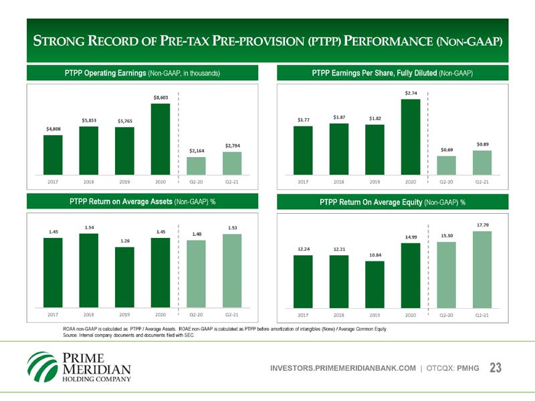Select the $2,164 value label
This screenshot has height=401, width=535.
click(197, 151)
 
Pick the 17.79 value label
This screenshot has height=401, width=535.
click(481, 225)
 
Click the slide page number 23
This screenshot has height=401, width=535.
click(496, 368)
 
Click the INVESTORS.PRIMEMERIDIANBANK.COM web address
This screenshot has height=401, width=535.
click(343, 368)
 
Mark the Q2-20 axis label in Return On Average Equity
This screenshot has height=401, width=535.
click(445, 314)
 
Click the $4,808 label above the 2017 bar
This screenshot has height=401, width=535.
click(53, 128)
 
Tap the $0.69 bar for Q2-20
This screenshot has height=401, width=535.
click(446, 166)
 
